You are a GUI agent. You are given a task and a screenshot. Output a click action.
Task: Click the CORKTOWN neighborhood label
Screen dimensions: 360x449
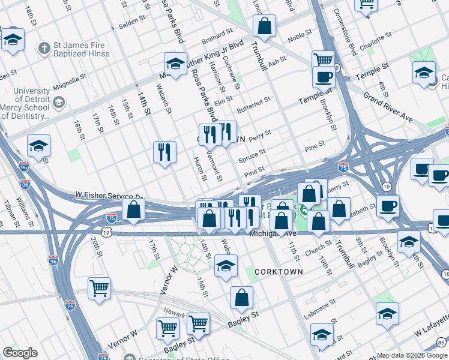(278, 272)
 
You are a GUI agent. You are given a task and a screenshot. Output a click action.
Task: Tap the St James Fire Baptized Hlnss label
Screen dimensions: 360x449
(70, 50)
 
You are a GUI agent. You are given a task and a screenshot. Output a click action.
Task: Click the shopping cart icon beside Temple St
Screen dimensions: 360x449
(323, 60)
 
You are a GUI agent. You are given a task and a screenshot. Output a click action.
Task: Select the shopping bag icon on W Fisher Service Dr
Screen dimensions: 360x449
(134, 209)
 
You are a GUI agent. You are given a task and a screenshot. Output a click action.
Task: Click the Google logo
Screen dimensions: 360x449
(20, 353)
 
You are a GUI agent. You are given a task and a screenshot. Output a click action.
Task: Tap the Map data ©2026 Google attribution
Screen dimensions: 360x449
(411, 355)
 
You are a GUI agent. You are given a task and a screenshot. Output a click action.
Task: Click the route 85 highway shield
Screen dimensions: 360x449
(442, 343)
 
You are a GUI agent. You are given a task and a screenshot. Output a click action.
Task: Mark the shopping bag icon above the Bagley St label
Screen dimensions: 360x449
(241, 298)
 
